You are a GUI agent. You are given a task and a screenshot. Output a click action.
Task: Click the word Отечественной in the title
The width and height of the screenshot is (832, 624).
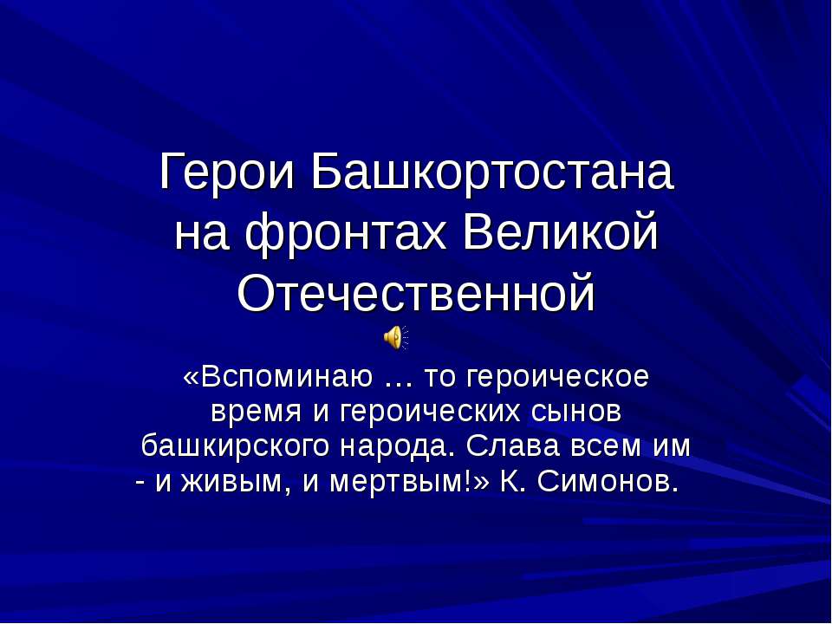[416, 295]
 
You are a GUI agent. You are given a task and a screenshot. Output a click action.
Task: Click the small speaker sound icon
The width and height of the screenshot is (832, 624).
[394, 337]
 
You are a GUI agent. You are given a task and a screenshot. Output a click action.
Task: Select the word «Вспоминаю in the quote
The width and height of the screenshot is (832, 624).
[276, 378]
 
